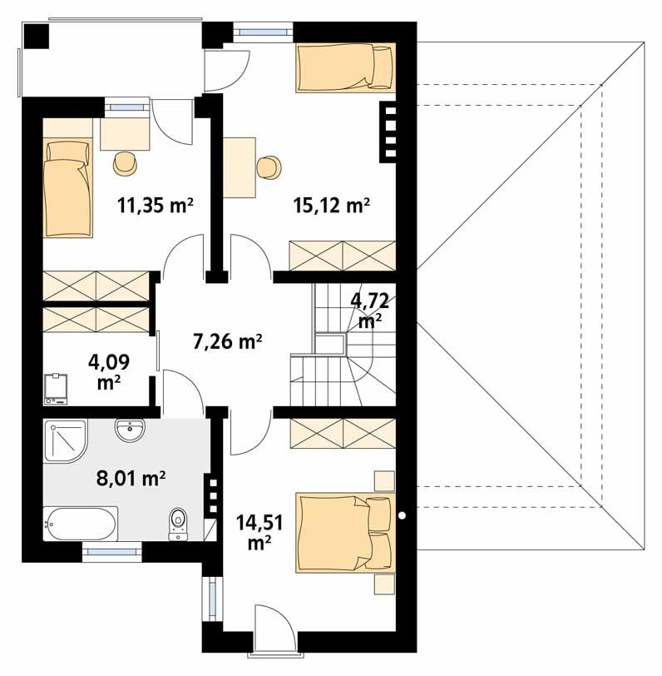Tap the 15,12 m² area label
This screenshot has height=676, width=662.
[x=331, y=205]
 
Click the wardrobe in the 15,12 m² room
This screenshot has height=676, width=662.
[x=341, y=254]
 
